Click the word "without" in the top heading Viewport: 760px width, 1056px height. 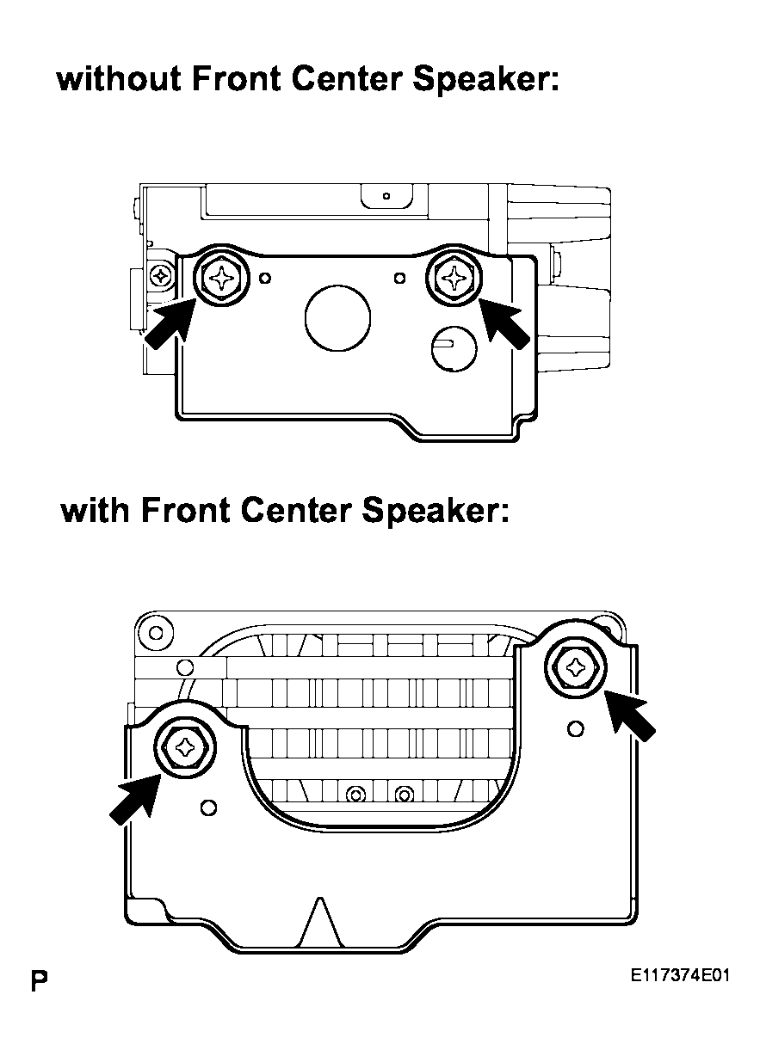tap(119, 79)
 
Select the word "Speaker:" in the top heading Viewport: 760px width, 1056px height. tap(486, 80)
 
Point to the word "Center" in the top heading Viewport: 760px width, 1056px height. tap(347, 79)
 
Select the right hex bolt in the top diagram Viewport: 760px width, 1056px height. tap(454, 277)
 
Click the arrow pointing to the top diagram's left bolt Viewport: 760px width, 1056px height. tap(169, 324)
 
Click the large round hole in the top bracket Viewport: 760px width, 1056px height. tap(337, 317)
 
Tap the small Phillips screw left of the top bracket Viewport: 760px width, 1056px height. tap(161, 275)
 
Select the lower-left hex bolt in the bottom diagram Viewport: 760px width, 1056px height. tap(185, 746)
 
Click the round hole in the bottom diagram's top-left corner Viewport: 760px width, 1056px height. tap(156, 632)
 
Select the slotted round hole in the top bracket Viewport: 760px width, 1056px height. tap(454, 348)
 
